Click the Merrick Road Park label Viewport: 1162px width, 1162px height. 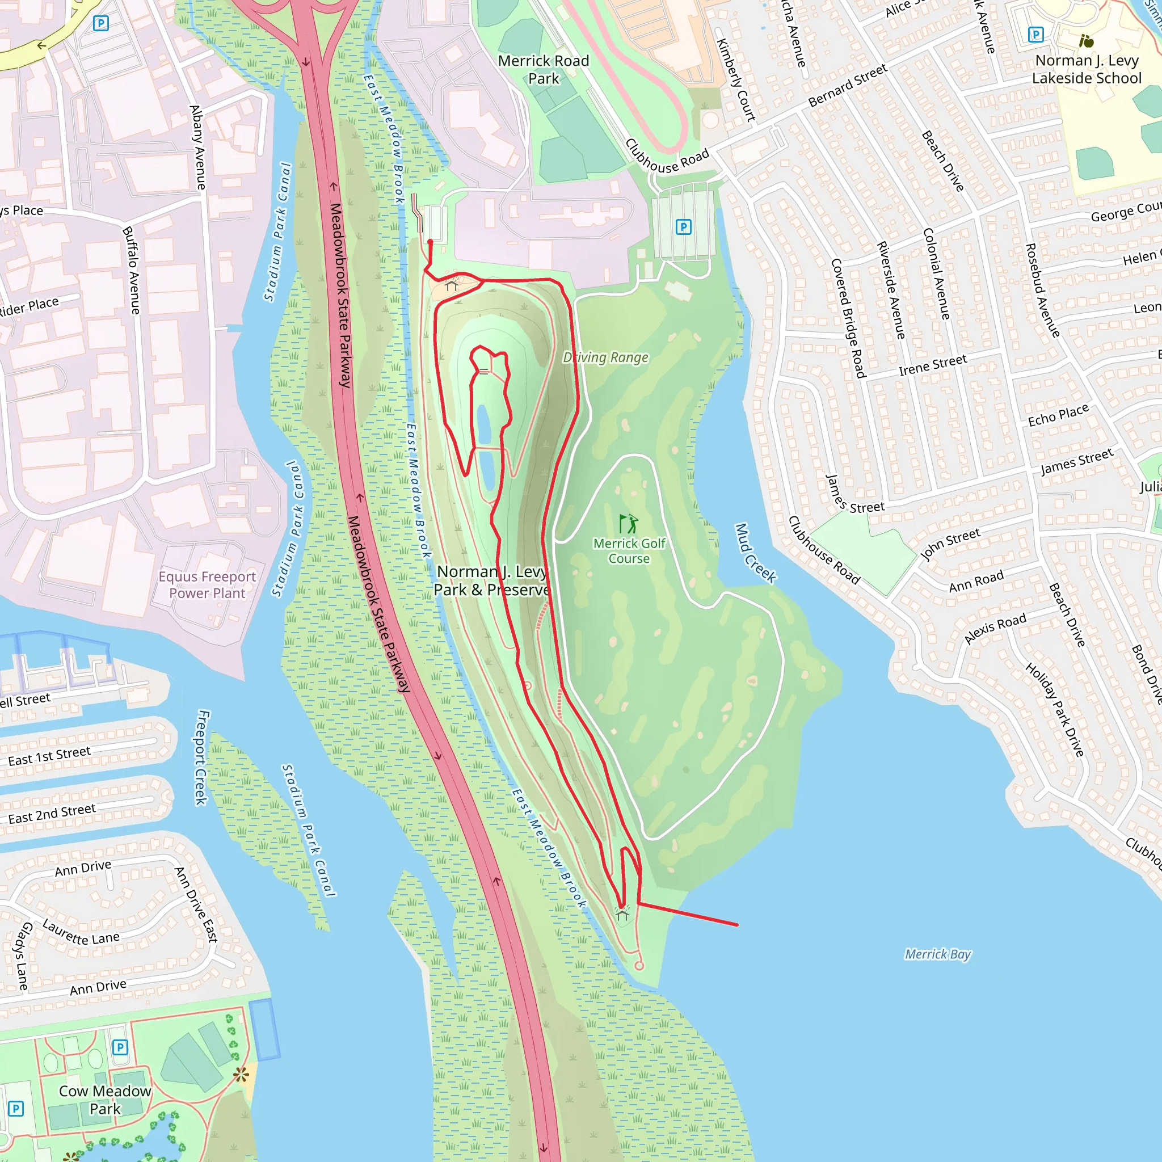[543, 70]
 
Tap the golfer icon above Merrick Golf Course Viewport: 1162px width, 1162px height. [629, 523]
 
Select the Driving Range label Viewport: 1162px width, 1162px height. [605, 357]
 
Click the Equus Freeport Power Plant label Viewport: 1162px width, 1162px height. [207, 584]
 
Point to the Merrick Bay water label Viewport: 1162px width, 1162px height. [938, 954]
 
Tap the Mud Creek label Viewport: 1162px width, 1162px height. [755, 553]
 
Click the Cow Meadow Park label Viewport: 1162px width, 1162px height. [106, 1100]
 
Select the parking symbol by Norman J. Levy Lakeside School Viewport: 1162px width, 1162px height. [1035, 34]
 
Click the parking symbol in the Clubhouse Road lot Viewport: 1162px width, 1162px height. [683, 227]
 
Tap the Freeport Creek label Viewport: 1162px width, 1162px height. [202, 757]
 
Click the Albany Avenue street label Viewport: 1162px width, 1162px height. [197, 148]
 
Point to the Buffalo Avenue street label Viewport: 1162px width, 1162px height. [131, 270]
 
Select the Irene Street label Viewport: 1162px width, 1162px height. [932, 365]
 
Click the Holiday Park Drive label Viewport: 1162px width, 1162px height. [1054, 710]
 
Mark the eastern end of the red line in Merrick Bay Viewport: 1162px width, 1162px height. [737, 924]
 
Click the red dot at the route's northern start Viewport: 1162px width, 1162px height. [430, 242]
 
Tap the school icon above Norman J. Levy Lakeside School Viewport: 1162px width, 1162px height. [1086, 41]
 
